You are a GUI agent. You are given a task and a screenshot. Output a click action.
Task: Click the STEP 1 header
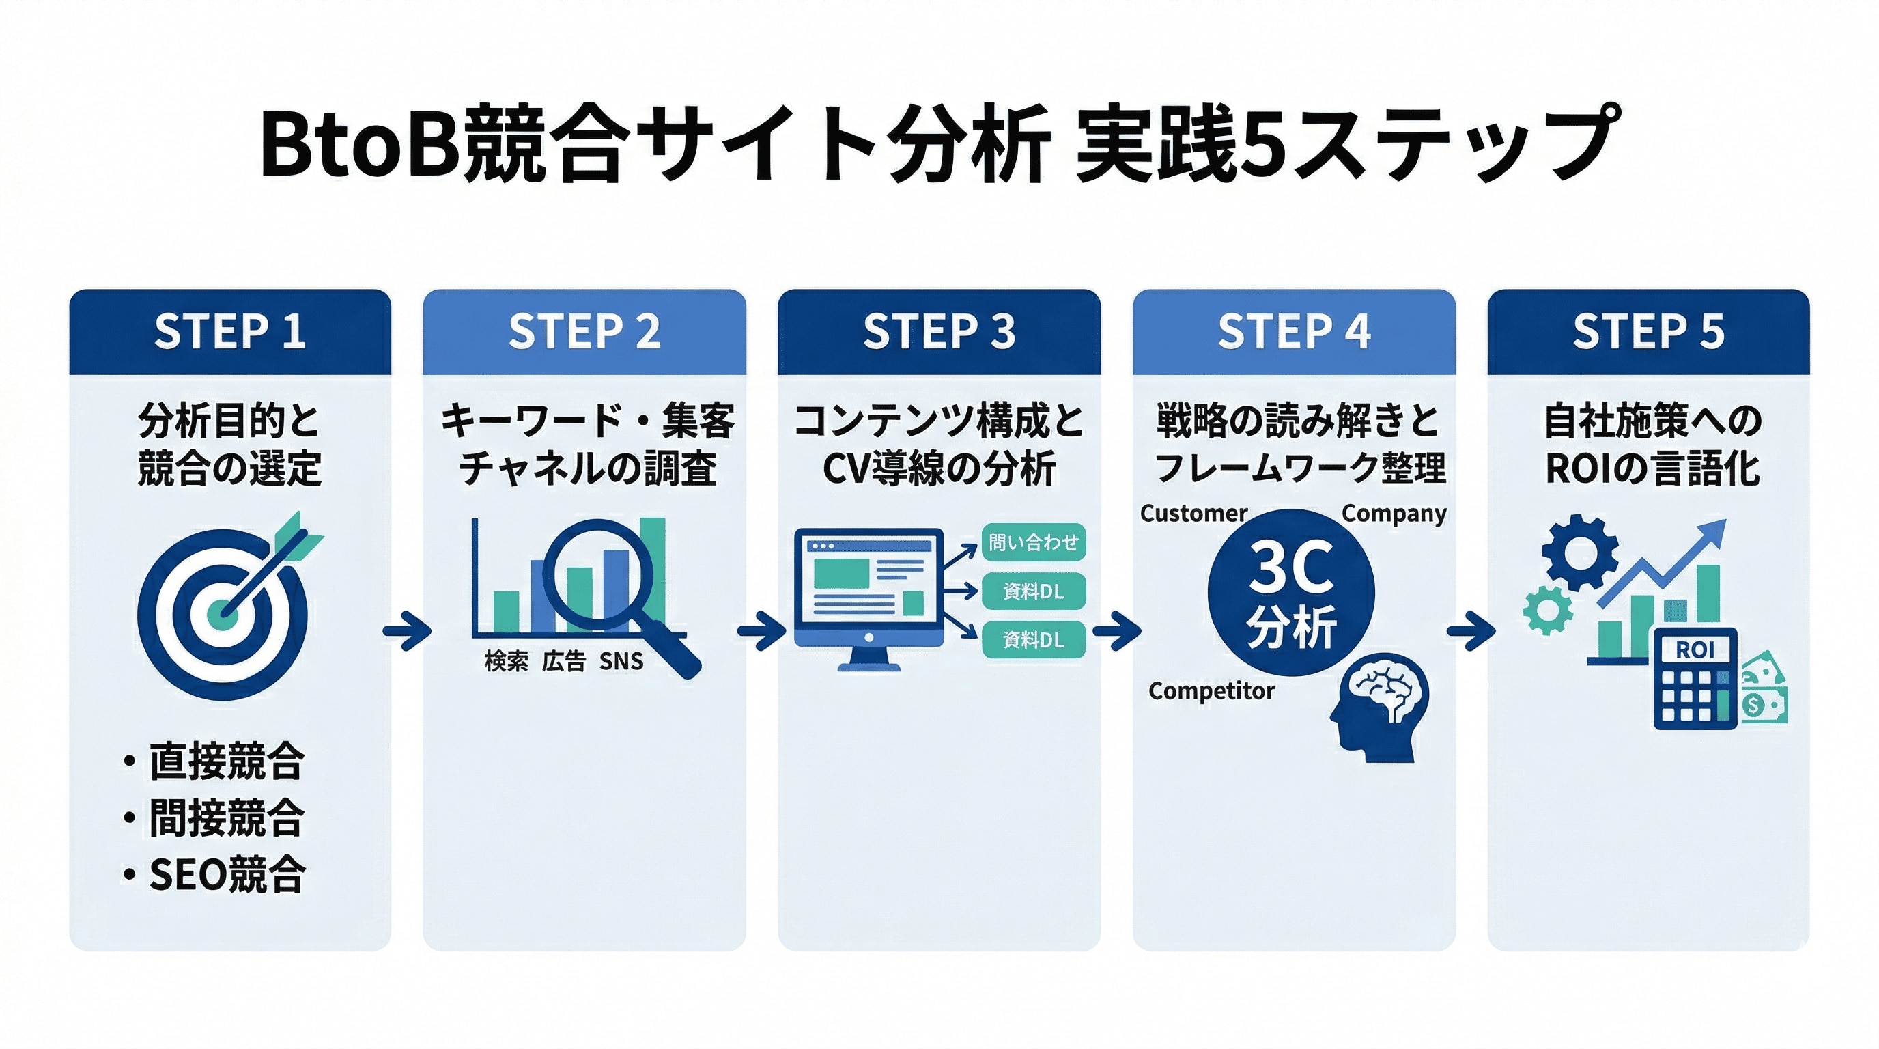pos(230,331)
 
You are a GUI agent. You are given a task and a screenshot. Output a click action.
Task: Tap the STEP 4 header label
pos(1293,331)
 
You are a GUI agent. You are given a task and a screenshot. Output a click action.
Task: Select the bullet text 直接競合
pos(227,761)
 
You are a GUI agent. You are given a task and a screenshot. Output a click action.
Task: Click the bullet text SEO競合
pos(227,874)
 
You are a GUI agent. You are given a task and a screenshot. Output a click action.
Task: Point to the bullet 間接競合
pos(227,817)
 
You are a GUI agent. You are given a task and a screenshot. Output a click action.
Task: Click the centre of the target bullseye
pos(223,614)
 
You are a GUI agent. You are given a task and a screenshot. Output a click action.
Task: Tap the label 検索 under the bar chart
pos(506,661)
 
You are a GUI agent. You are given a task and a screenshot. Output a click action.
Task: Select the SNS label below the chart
pos(621,661)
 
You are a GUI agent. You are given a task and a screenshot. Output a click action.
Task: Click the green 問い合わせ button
pos(1033,542)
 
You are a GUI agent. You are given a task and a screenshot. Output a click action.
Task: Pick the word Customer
pos(1193,514)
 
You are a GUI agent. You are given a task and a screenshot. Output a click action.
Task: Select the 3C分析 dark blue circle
pos(1291,592)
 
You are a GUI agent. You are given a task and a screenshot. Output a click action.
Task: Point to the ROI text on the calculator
pos(1694,649)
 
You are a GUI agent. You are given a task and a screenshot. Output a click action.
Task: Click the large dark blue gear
pos(1580,553)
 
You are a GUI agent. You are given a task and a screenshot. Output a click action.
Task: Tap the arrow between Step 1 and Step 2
pos(407,631)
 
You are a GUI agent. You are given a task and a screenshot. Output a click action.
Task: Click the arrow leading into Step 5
pos(1471,631)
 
